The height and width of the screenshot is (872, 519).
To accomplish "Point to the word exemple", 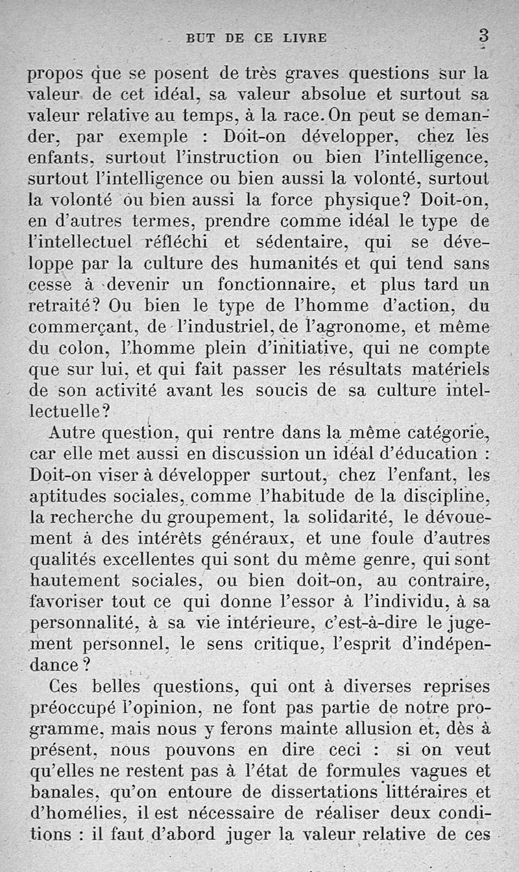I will click(x=154, y=138).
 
